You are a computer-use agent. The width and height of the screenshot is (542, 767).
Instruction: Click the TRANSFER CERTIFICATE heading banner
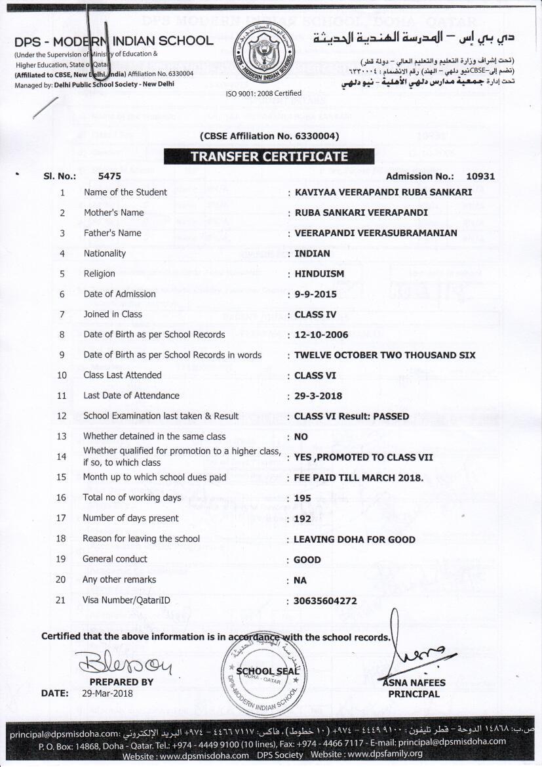tap(269, 157)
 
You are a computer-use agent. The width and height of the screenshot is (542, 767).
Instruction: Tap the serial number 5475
tap(109, 176)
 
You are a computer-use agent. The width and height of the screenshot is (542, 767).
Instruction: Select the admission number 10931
tap(480, 176)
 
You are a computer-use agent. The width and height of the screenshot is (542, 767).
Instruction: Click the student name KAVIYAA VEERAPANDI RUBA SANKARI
tap(383, 192)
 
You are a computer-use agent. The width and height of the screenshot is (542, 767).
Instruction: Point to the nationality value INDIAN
tap(313, 253)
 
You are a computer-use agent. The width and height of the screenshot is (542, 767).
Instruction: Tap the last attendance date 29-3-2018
tap(319, 396)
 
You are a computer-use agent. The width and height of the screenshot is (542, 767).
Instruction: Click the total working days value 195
tap(303, 498)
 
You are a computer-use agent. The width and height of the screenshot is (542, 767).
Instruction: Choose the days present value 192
tap(303, 518)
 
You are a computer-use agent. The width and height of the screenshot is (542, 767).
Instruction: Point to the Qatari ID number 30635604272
tap(326, 600)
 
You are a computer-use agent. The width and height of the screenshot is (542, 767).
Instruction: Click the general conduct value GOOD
tap(307, 560)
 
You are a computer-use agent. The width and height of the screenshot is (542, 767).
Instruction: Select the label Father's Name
tap(112, 233)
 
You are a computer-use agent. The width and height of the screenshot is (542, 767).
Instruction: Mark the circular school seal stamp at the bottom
tap(265, 673)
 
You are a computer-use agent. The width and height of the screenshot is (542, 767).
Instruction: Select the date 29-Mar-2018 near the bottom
tap(107, 693)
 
